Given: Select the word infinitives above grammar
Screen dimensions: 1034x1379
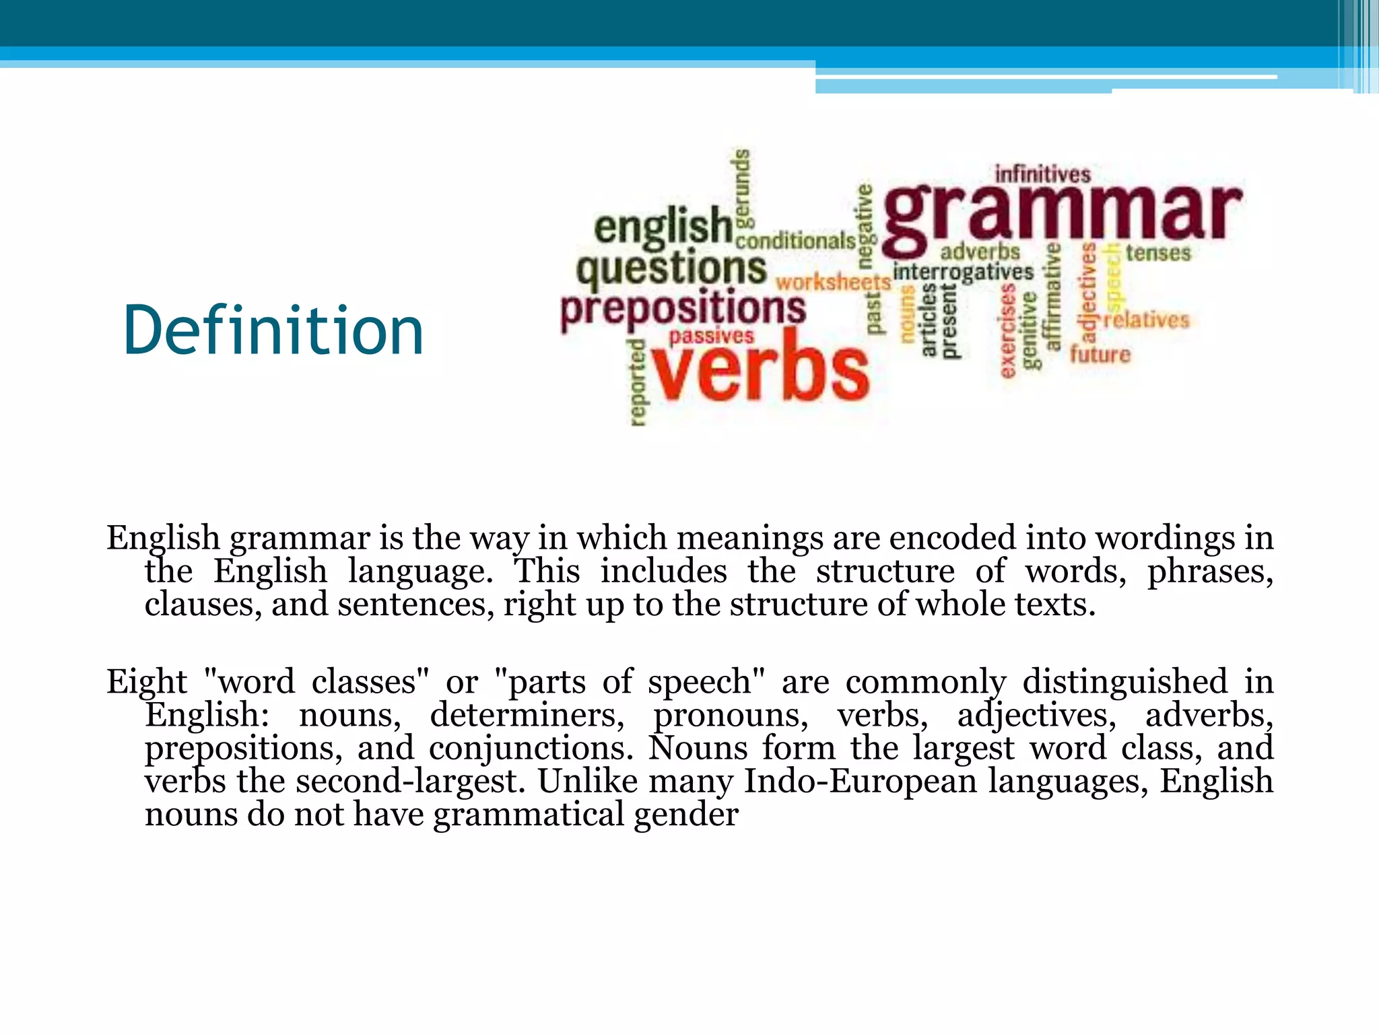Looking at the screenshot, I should tap(1042, 174).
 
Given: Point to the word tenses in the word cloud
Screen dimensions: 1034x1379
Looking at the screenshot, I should tap(1158, 253).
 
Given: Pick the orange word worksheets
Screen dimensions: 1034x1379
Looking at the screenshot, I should tap(833, 281).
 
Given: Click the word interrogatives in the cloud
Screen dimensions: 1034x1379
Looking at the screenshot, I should tap(963, 272).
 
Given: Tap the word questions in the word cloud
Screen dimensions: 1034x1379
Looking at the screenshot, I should tap(671, 269).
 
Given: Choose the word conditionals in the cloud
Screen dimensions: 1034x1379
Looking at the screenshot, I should tap(796, 240).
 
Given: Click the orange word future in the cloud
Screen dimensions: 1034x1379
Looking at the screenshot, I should tap(1100, 354).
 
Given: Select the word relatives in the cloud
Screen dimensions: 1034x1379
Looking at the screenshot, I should tap(1147, 319).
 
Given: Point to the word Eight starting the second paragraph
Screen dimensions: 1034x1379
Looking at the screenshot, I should tap(147, 681).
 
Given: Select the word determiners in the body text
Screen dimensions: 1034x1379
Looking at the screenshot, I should tap(527, 715).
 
